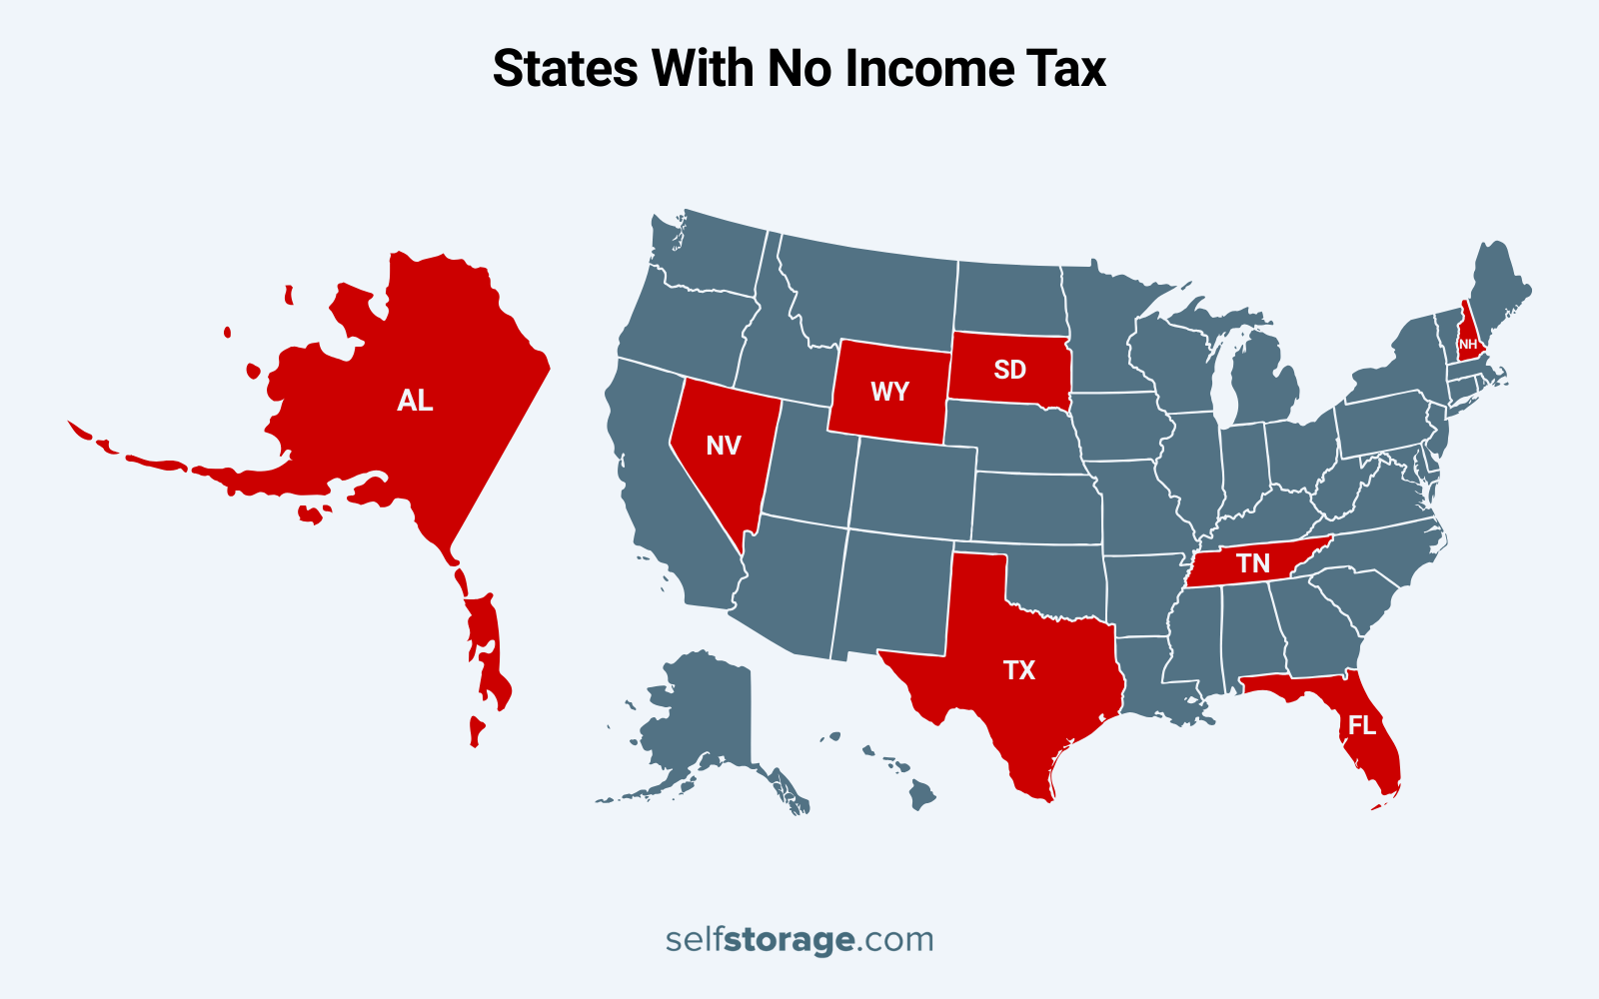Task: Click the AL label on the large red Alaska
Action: click(x=415, y=401)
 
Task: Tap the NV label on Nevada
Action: click(x=724, y=446)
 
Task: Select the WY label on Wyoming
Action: click(x=889, y=392)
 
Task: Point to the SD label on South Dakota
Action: click(x=1009, y=370)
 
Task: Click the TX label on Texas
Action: click(x=1019, y=670)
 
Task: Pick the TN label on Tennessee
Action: click(x=1253, y=563)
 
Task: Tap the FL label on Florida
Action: click(x=1362, y=725)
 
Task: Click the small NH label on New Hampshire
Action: click(x=1468, y=344)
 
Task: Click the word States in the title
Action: click(x=566, y=69)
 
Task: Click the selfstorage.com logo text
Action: click(x=799, y=939)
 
